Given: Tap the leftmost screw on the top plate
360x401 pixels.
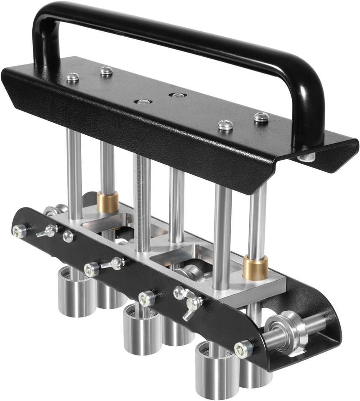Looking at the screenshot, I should [x=73, y=77].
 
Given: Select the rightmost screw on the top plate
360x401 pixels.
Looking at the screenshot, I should [x=261, y=117].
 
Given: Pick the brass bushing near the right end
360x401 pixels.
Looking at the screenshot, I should [x=255, y=268].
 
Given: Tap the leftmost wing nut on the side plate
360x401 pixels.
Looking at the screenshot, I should [x=48, y=230].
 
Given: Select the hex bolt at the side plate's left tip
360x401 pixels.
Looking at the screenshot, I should [x=19, y=230].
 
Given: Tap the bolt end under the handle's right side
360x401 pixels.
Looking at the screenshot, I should [x=307, y=157].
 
